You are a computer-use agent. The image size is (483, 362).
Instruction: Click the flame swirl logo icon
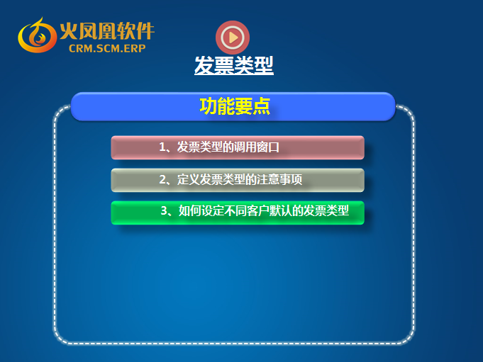[37, 35]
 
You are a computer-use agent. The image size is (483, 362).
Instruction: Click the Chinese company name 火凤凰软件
[107, 30]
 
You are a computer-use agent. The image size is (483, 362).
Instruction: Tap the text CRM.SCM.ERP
[107, 48]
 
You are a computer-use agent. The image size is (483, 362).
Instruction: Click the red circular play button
[233, 38]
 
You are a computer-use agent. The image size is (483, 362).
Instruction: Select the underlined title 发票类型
[234, 65]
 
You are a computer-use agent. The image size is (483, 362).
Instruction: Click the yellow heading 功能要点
[235, 106]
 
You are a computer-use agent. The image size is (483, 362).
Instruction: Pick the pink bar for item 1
[238, 147]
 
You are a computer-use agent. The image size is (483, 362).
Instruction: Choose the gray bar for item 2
[238, 180]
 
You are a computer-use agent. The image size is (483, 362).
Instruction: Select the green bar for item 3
[238, 213]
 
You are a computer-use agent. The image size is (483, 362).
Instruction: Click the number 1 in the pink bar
[162, 147]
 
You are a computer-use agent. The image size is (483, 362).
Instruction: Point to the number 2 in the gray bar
[162, 180]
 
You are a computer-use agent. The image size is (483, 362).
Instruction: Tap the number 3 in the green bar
[164, 211]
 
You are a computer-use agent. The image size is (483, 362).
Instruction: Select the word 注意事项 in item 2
[279, 180]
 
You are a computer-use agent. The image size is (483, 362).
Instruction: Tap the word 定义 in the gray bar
[188, 180]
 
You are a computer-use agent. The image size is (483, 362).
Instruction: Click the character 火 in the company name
[68, 30]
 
